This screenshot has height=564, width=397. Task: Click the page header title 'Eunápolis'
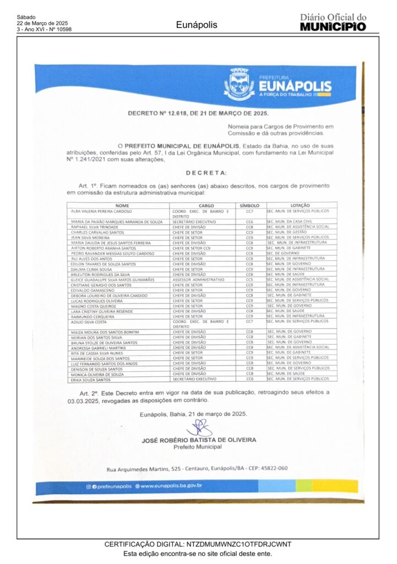pos(197,25)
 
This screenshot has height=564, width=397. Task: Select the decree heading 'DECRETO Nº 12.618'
pos(198,113)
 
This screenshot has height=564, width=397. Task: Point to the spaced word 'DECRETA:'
pos(198,172)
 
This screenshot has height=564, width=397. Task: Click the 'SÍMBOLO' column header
pos(249,205)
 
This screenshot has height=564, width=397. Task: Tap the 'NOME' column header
pos(122,205)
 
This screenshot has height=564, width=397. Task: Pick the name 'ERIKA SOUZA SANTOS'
pos(91,379)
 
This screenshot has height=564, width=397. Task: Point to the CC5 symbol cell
pos(249,279)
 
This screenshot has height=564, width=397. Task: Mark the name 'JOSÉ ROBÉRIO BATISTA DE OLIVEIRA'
pos(199,440)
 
